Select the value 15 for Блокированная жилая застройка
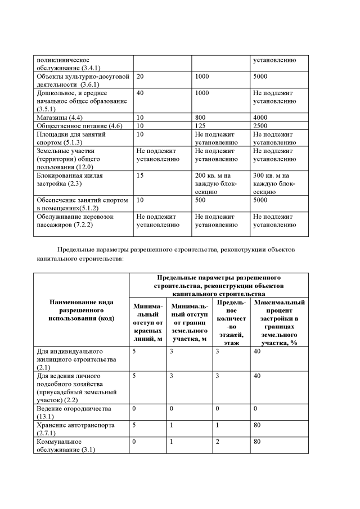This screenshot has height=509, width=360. pos(141,175)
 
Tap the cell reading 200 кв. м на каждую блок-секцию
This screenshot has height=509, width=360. pos(216,183)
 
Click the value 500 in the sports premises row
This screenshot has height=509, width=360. pos(201,200)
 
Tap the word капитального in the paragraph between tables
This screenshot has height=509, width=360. pos(64,260)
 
